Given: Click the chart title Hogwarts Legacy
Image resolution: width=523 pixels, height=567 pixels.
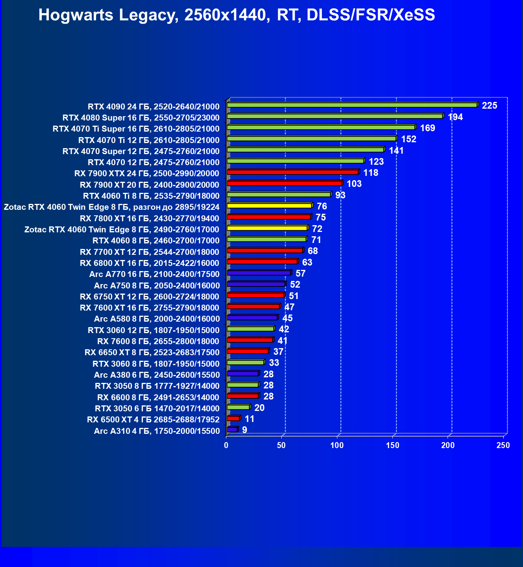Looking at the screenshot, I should pyautogui.click(x=237, y=15).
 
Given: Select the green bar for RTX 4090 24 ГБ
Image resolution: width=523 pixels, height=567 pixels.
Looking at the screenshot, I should pyautogui.click(x=352, y=105).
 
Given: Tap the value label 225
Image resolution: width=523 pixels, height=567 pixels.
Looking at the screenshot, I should pyautogui.click(x=489, y=105).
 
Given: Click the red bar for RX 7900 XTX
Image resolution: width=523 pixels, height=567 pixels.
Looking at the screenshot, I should pyautogui.click(x=292, y=172).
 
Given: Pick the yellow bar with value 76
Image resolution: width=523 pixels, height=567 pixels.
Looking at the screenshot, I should pyautogui.click(x=269, y=206).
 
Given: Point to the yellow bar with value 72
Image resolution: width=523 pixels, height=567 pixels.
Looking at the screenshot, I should pyautogui.click(x=267, y=228).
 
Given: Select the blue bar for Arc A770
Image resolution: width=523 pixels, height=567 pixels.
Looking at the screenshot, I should pyautogui.click(x=259, y=273).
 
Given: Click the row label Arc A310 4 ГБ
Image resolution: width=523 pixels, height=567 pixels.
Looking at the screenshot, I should pyautogui.click(x=156, y=431).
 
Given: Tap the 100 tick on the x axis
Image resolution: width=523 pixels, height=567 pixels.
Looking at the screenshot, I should pyautogui.click(x=337, y=445).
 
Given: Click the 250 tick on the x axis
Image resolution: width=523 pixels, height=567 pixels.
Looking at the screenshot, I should pyautogui.click(x=503, y=445).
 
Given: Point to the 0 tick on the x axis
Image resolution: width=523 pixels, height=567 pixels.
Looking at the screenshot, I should pyautogui.click(x=226, y=445).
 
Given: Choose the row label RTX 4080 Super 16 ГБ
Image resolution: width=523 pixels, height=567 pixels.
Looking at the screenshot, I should pyautogui.click(x=141, y=118).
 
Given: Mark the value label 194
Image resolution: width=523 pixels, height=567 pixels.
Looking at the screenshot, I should pyautogui.click(x=455, y=117).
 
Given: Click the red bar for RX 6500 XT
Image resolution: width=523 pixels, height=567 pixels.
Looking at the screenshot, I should pyautogui.click(x=233, y=418).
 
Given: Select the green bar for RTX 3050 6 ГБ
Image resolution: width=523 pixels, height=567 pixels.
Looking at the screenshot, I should pyautogui.click(x=238, y=407).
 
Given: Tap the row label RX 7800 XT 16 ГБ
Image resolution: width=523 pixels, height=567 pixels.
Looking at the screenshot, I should pyautogui.click(x=149, y=219).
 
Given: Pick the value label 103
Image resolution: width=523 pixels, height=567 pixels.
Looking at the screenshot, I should pyautogui.click(x=354, y=184).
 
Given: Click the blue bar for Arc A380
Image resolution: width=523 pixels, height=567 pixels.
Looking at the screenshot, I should pyautogui.click(x=243, y=373).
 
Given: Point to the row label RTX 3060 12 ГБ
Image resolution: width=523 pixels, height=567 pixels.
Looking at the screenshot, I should pyautogui.click(x=153, y=330).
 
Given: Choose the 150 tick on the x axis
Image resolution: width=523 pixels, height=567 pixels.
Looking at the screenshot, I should pyautogui.click(x=393, y=445).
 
